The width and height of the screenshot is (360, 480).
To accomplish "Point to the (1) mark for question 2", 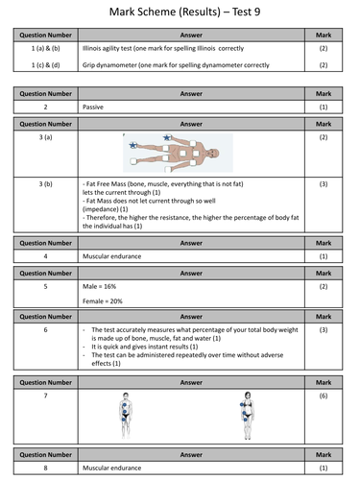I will (324, 108).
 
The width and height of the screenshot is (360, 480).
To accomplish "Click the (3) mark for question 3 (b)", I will (324, 182).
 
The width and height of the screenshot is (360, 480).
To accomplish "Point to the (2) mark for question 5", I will (324, 286).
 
